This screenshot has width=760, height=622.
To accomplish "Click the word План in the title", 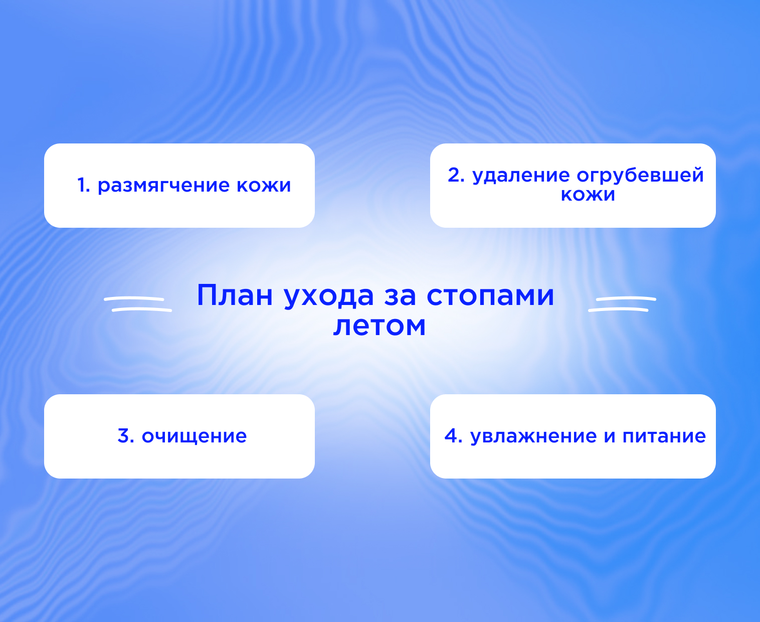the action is pos(235,295).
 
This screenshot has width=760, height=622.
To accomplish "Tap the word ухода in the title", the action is pos(329,297).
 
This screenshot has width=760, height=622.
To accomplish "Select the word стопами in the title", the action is pos(490,297).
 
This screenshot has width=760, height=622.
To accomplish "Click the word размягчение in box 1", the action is pos(163,186).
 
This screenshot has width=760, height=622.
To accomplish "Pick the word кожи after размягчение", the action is pos(263,185).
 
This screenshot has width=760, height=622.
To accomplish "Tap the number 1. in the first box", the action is pos(84,185).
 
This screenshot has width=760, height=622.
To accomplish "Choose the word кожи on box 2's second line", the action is pos(588,195).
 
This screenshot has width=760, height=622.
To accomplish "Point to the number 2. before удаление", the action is pos(456,175).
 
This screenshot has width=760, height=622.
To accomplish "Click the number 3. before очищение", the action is pos(126,435).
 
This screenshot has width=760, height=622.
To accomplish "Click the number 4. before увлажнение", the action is pos(453,435).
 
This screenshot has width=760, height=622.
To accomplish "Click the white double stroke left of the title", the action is pos(138,304).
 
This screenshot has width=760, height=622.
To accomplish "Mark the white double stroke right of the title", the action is pos(622,304).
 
